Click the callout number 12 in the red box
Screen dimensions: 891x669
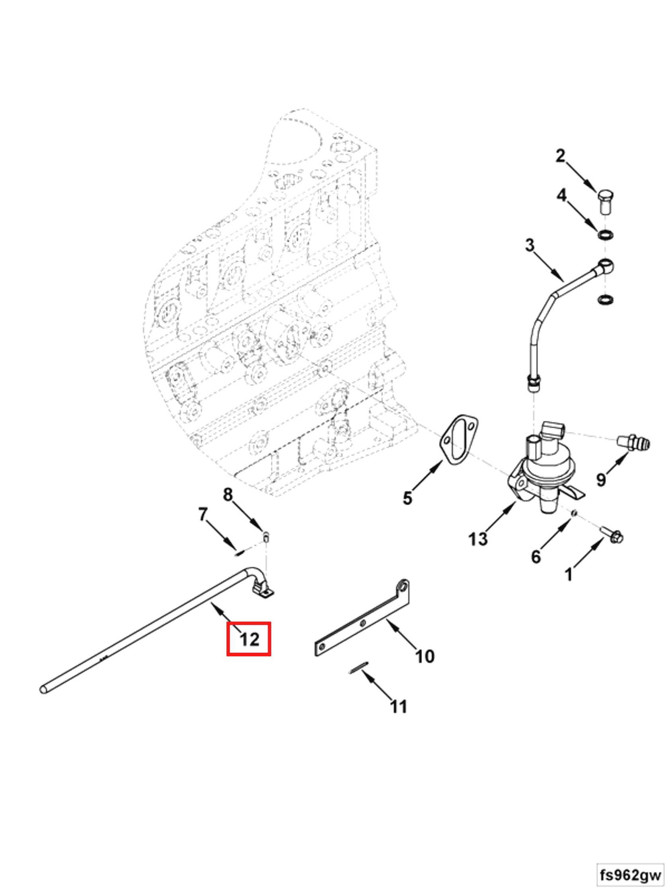[x=249, y=639]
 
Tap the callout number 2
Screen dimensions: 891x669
[x=560, y=156]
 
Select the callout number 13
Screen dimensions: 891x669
[x=478, y=539]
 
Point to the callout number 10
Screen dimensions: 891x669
[x=424, y=656]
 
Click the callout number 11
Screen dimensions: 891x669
[x=399, y=706]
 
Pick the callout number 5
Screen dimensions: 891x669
[x=407, y=498]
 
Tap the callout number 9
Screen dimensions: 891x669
[x=601, y=479]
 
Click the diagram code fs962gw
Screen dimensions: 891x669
[x=630, y=875]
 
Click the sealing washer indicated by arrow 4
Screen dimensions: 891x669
[x=605, y=234]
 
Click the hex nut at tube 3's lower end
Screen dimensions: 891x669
[x=534, y=381]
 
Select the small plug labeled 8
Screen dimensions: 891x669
[x=266, y=537]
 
